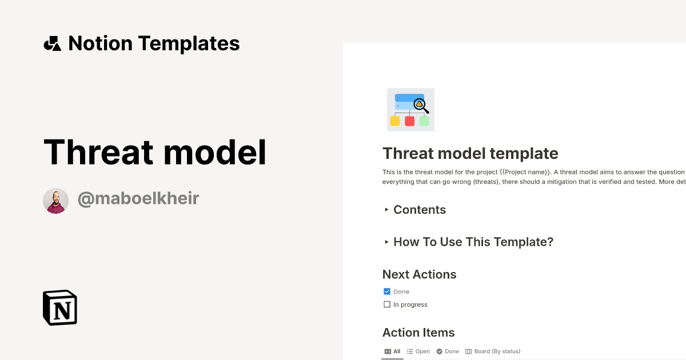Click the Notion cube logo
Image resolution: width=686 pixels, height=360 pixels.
pyautogui.click(x=60, y=307)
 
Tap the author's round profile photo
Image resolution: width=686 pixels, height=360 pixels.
pyautogui.click(x=55, y=201)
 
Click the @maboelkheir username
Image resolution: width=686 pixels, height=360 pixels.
pyautogui.click(x=138, y=199)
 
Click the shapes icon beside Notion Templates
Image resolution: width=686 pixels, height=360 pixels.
pyautogui.click(x=53, y=43)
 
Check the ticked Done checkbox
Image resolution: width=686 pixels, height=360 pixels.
pyautogui.click(x=387, y=291)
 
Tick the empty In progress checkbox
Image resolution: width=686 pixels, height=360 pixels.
pyautogui.click(x=387, y=305)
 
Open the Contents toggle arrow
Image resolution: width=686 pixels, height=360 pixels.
pyautogui.click(x=386, y=210)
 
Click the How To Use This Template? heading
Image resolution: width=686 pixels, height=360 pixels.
pyautogui.click(x=473, y=242)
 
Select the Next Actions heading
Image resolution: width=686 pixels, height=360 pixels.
pyautogui.click(x=419, y=274)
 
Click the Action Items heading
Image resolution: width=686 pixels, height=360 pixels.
pyautogui.click(x=418, y=333)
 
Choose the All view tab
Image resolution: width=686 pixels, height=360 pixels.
pyautogui.click(x=392, y=351)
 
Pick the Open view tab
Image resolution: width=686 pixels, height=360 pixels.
pyautogui.click(x=418, y=351)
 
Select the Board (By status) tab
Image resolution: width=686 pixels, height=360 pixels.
pyautogui.click(x=493, y=351)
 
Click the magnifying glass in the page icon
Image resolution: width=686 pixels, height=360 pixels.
pyautogui.click(x=421, y=105)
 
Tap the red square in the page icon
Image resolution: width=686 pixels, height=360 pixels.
pyautogui.click(x=409, y=121)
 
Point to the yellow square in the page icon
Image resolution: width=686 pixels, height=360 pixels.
pyautogui.click(x=395, y=121)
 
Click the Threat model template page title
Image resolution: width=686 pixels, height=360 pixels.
pyautogui.click(x=470, y=153)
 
